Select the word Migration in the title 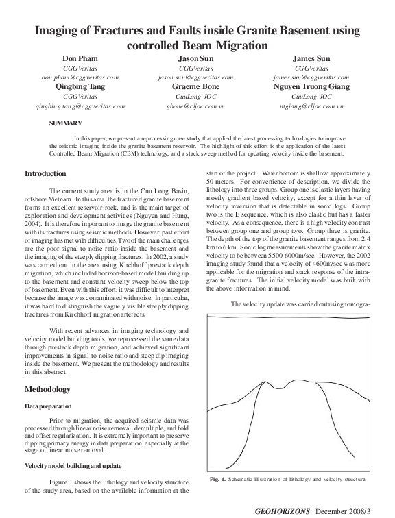click(x=232, y=45)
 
